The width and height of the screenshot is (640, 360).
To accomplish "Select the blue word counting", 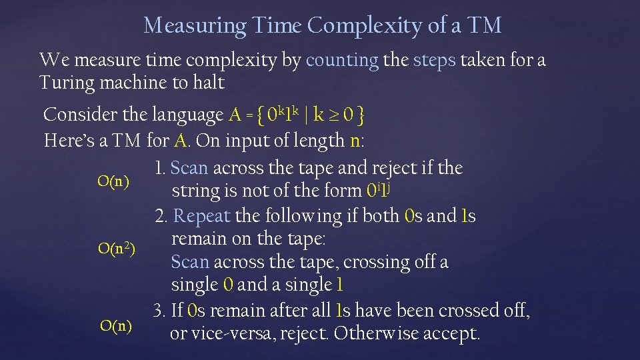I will point(342,60).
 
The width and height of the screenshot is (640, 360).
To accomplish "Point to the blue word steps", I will point(435,60).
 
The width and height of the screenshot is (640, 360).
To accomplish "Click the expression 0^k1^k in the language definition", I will point(275,115).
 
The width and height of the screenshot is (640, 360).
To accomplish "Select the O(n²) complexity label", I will point(117,249).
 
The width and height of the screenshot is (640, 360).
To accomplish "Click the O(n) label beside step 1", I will point(113,181).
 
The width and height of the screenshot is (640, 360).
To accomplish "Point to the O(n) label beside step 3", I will point(115,326).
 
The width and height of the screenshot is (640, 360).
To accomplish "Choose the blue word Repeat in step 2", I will point(202,216).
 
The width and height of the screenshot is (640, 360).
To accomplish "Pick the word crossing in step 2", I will point(374,262).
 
